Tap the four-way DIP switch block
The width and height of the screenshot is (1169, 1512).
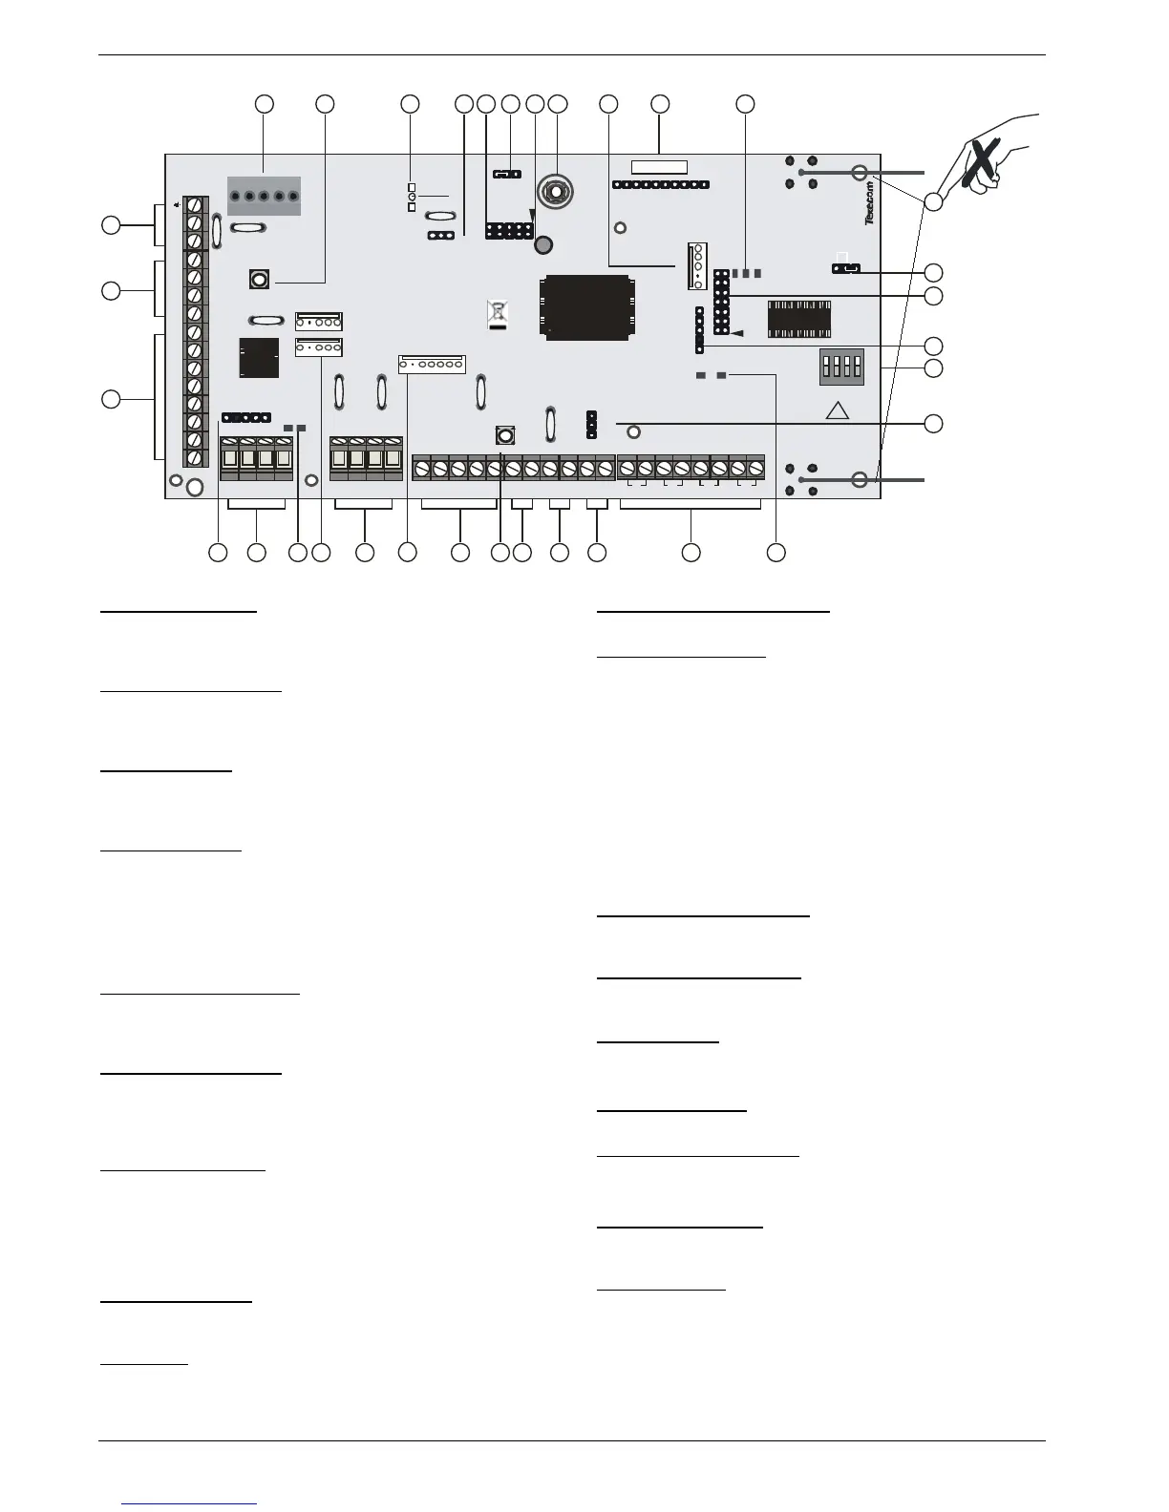click(841, 366)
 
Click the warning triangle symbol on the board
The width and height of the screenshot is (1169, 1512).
click(837, 410)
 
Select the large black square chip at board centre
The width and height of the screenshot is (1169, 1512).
click(586, 307)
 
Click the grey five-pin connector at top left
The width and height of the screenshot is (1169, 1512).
click(264, 196)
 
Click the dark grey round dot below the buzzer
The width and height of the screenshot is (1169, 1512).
click(543, 245)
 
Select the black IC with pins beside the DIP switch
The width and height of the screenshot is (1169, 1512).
click(798, 319)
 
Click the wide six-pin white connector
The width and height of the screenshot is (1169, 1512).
click(431, 364)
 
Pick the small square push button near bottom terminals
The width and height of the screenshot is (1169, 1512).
click(505, 435)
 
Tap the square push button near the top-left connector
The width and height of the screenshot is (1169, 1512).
click(258, 279)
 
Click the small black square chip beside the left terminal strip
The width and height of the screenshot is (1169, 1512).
click(259, 357)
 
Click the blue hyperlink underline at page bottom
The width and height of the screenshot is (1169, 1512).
click(190, 1503)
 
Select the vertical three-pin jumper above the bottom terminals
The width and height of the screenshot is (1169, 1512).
click(591, 425)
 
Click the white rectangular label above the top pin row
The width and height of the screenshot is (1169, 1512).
click(659, 168)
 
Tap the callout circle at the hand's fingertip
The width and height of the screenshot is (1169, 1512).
click(933, 201)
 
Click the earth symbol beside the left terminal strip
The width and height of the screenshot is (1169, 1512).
click(176, 203)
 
